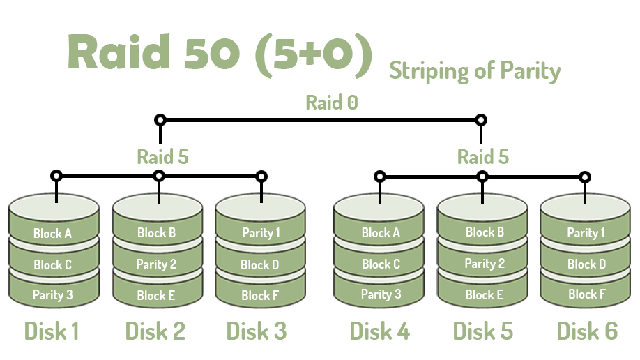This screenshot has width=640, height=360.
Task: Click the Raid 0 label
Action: coord(332,103)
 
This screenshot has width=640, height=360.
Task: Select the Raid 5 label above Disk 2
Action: coord(162,156)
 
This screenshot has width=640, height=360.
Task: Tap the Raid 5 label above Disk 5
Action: coord(482,156)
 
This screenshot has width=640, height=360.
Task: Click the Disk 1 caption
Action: coord(52,330)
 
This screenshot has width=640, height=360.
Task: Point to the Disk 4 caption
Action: coord(379,330)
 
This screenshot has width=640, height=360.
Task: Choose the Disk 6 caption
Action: coord(586,330)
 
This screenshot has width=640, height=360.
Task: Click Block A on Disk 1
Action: coord(52,234)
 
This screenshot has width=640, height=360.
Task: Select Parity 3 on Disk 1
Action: coord(52,295)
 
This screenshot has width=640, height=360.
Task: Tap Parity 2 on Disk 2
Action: coord(156,264)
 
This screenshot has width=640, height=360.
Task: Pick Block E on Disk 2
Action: coord(156,295)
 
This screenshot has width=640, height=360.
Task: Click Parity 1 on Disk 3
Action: coord(260,233)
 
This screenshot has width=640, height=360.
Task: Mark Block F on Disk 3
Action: coord(260,296)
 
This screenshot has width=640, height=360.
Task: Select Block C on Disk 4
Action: coord(381,264)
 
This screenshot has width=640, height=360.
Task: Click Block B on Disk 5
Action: coord(485,232)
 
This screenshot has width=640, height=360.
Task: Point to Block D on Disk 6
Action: coord(586,264)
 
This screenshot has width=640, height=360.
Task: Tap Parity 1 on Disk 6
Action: coord(586,233)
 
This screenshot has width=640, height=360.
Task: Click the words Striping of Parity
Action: coord(474,71)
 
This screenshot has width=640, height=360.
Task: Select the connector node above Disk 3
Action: coord(261,177)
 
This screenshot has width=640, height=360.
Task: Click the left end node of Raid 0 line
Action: coord(160,120)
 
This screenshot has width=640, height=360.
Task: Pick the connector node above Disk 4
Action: coord(380,177)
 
